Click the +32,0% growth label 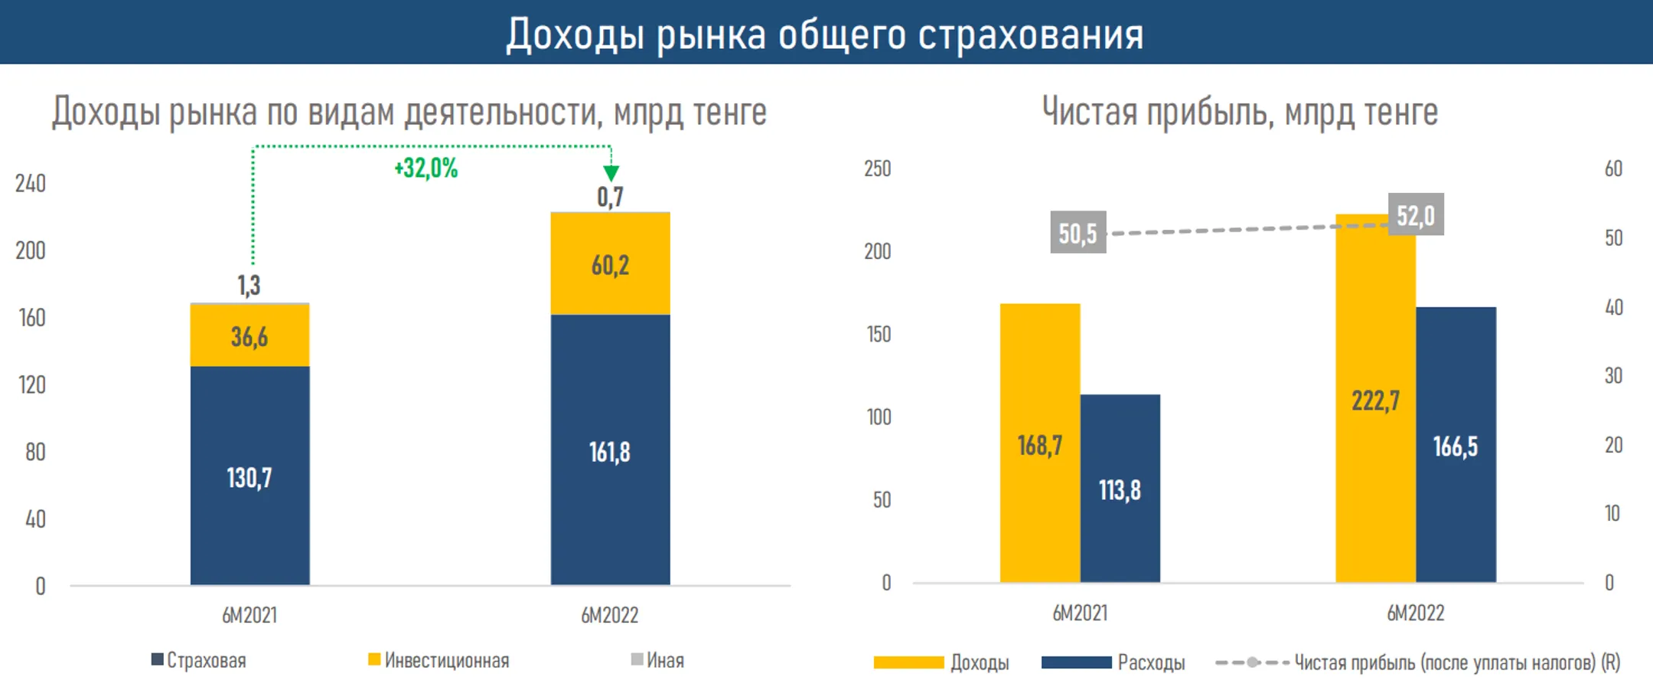click(x=425, y=168)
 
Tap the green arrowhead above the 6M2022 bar click(x=611, y=173)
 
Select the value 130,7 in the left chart click(x=249, y=478)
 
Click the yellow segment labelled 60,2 click(x=610, y=265)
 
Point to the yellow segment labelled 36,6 click(x=249, y=337)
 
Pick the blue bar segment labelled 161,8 click(x=610, y=452)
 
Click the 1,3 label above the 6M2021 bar click(x=249, y=286)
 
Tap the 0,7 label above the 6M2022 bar click(x=610, y=198)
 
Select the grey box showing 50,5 click(x=1078, y=233)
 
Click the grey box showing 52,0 click(x=1416, y=215)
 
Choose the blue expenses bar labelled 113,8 click(x=1120, y=489)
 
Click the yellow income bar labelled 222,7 click(x=1375, y=401)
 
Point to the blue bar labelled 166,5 click(x=1456, y=447)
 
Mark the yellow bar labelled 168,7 click(x=1039, y=445)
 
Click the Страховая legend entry click(x=199, y=660)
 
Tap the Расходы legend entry click(x=1113, y=662)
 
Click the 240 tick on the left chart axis click(x=31, y=184)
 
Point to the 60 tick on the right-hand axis click(x=1613, y=168)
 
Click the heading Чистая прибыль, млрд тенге click(x=1240, y=113)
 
